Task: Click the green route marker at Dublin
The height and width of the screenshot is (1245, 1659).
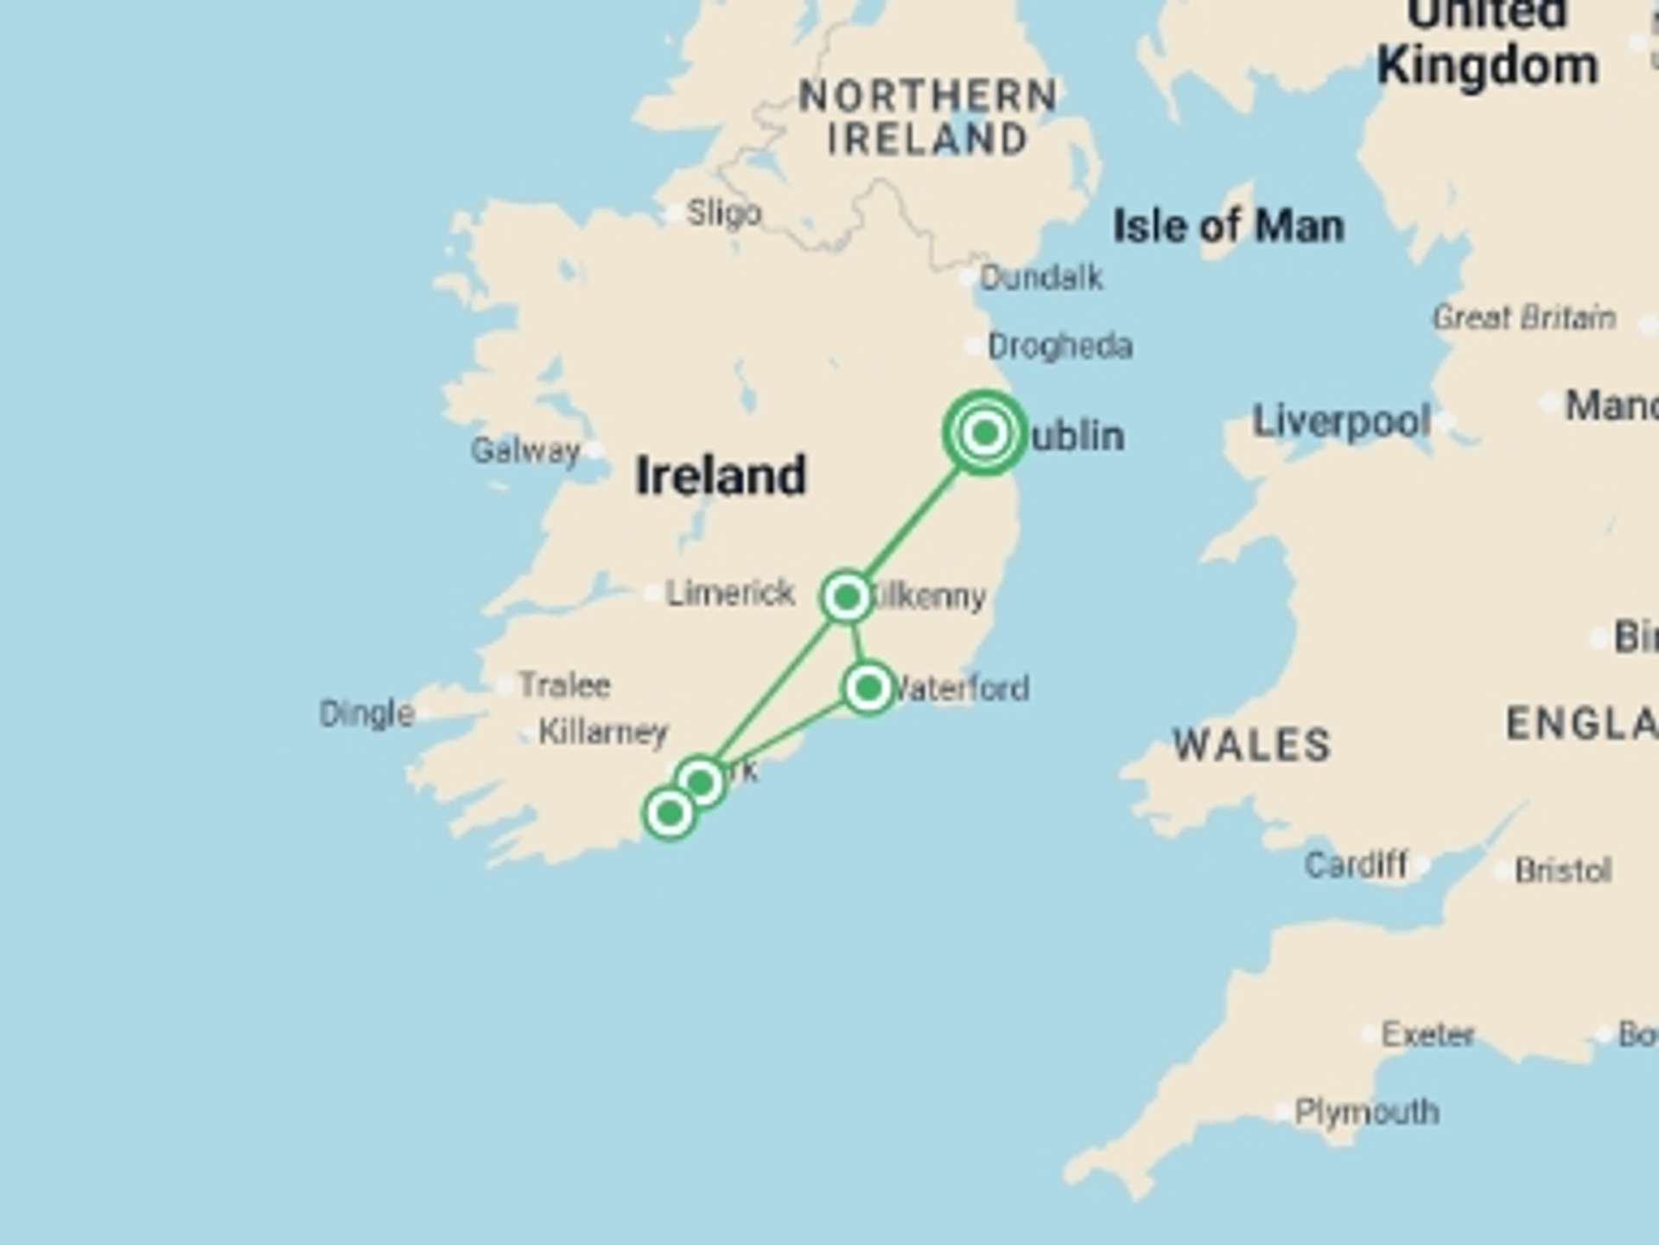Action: [x=985, y=432]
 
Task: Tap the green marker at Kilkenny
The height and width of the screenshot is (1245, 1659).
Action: [x=847, y=596]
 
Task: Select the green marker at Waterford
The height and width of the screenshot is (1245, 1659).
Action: [x=868, y=688]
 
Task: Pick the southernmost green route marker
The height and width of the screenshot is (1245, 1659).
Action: [x=670, y=813]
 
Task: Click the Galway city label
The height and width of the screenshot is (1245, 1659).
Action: [x=525, y=450]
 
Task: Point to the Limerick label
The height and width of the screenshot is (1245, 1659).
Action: [x=730, y=593]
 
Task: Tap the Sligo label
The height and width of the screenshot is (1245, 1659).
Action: [x=724, y=213]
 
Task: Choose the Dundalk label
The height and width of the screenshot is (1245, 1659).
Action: [x=1041, y=278]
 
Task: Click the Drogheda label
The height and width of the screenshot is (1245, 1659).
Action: [x=1060, y=347]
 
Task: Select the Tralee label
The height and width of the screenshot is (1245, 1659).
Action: [x=565, y=686]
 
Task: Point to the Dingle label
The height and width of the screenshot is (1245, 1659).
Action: [x=367, y=714]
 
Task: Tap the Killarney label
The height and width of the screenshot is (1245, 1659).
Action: [x=603, y=732]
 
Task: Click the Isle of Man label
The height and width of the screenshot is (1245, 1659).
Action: [x=1229, y=227]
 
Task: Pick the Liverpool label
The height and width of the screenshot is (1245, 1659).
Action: [x=1341, y=422]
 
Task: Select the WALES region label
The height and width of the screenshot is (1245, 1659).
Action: [x=1251, y=744]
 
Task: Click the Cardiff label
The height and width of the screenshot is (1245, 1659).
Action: [x=1355, y=865]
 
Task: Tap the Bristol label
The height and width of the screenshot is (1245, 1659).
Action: [x=1563, y=870]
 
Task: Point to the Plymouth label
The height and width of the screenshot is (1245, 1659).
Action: [x=1367, y=1112]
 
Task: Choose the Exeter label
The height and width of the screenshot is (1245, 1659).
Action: [x=1427, y=1034]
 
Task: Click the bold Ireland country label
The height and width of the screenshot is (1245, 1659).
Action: [x=721, y=476]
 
